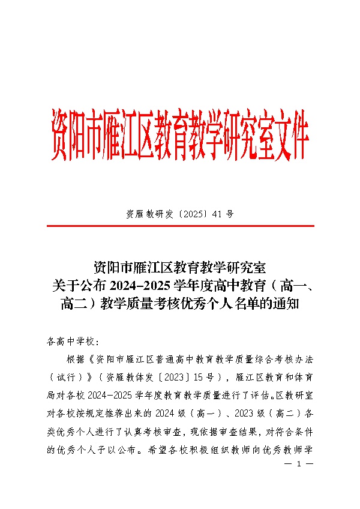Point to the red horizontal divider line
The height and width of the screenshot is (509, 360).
coord(180,226)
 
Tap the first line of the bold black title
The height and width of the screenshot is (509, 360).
coord(180,267)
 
